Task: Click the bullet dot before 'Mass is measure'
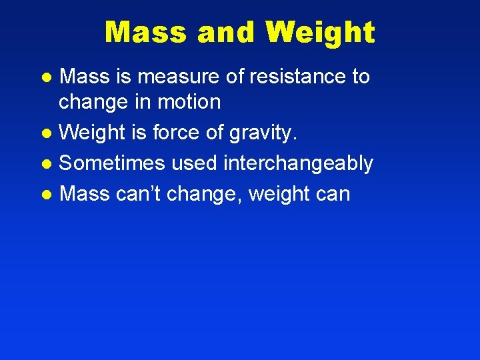pos(46,78)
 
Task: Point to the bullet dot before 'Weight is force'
pos(46,134)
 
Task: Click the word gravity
pos(262,133)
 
